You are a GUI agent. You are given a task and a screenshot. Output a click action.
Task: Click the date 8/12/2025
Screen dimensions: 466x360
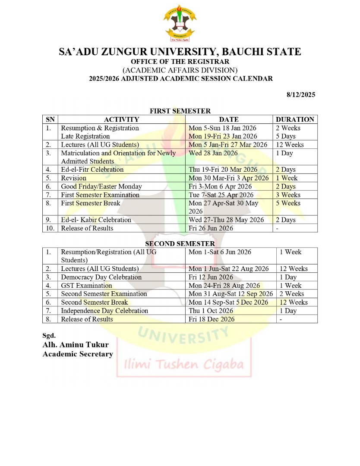pos(301,94)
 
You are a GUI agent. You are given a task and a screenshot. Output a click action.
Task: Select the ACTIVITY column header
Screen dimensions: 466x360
pos(121,120)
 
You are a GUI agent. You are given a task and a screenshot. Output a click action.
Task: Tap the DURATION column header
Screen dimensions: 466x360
pos(295,120)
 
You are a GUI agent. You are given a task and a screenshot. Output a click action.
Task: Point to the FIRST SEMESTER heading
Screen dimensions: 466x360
pos(180,111)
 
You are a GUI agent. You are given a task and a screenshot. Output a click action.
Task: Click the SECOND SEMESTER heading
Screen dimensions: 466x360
pos(180,244)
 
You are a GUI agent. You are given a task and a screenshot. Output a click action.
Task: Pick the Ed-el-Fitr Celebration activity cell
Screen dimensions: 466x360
pos(92,170)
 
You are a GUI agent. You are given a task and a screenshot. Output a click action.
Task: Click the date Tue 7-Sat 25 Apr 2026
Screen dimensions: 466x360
pos(221,195)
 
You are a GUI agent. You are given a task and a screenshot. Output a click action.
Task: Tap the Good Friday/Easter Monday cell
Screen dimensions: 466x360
pos(101,186)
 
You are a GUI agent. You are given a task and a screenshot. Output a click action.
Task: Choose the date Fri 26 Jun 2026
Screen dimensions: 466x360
pos(211,228)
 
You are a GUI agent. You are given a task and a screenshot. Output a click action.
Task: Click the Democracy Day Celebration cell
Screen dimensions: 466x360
pos(101,277)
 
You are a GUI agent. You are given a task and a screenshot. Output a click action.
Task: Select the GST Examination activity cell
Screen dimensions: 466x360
pos(86,285)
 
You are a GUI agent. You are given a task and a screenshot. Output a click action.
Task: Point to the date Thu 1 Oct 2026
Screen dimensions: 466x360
pos(211,311)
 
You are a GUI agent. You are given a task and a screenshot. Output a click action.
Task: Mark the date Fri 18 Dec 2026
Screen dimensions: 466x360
pos(212,319)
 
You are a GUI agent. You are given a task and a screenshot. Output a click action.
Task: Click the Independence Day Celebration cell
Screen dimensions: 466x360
pos(104,311)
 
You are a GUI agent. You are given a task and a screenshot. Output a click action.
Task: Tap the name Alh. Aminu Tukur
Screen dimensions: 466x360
pos(76,345)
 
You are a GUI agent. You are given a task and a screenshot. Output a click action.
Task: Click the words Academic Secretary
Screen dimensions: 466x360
pos(78,354)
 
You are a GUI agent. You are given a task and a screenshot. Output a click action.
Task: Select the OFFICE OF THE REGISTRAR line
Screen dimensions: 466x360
pos(180,62)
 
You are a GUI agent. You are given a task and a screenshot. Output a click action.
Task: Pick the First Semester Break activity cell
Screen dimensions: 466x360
pos(91,203)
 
